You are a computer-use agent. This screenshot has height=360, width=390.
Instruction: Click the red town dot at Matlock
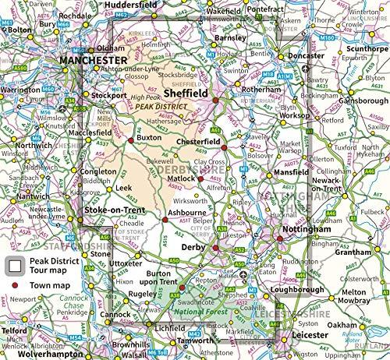(x=199, y=181)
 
